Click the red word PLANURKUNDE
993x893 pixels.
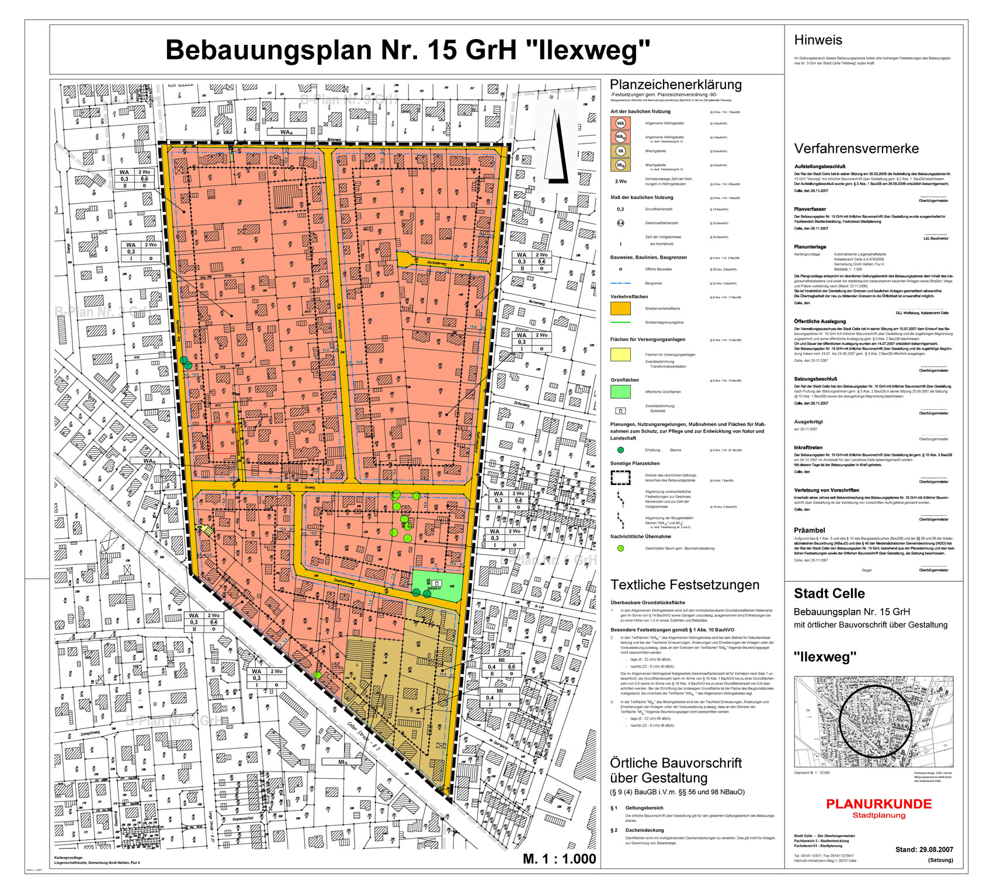point(879,804)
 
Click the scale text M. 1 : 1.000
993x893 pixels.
point(559,859)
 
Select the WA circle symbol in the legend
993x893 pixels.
point(620,123)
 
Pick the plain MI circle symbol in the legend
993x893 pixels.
point(620,151)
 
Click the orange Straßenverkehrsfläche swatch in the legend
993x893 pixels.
point(620,308)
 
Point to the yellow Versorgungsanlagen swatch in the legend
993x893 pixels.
point(620,354)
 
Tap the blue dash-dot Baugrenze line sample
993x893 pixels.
point(620,283)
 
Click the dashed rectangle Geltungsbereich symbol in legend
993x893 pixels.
point(620,477)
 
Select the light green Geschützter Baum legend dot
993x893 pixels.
point(620,548)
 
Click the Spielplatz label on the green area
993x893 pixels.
point(434,588)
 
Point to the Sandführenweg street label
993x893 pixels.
point(345,581)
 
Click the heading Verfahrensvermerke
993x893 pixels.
point(856,148)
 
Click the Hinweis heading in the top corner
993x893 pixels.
point(818,40)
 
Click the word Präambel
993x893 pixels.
point(809,530)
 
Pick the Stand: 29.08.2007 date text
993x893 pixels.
point(923,849)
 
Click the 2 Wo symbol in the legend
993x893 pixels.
point(620,181)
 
